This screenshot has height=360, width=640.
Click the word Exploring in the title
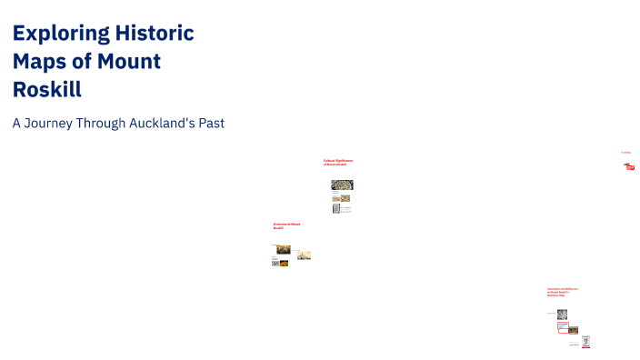60,35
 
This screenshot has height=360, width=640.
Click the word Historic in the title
155,35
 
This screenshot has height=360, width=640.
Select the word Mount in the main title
126,62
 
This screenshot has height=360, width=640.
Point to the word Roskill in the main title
47,89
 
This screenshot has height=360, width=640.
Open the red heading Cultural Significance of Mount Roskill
337,163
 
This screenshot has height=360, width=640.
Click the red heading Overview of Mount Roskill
286,225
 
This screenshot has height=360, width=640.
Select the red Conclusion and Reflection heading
562,292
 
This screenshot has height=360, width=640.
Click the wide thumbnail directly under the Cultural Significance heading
341,185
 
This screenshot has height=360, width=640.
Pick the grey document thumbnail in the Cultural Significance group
336,208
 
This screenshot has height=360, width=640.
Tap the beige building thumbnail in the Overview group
304,255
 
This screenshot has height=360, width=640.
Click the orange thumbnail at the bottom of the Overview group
284,264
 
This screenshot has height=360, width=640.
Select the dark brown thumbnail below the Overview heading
284,249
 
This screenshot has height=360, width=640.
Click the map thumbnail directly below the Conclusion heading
562,314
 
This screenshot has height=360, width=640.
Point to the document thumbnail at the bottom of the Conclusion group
586,342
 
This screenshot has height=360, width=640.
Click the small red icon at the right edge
629,166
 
